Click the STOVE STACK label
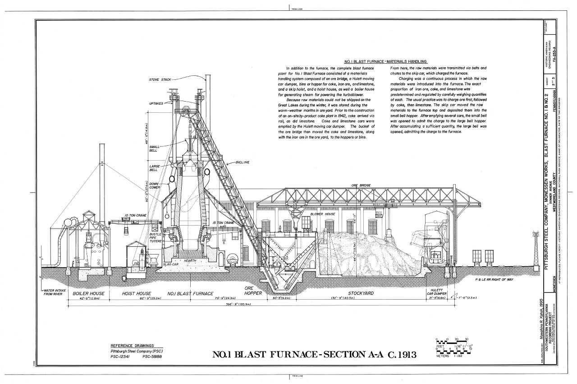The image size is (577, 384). click(160, 80)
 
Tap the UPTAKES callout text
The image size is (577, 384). click(156, 104)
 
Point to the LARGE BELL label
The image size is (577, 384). click(155, 169)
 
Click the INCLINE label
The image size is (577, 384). click(242, 162)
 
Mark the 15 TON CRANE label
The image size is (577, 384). click(223, 223)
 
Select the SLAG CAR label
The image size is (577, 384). click(171, 264)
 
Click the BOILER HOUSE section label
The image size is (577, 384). click(88, 293)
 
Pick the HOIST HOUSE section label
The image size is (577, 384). click(137, 293)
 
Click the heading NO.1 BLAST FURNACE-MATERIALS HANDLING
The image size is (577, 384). click(385, 61)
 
